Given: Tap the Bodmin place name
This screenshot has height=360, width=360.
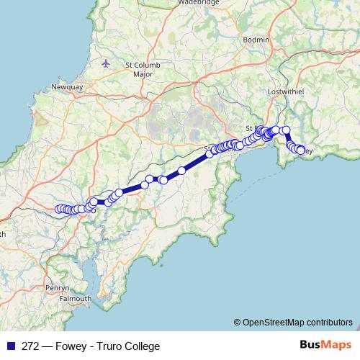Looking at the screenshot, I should point(257,39).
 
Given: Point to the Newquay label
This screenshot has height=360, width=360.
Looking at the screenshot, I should point(68,87).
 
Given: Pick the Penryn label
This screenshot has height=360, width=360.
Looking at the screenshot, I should point(57,287).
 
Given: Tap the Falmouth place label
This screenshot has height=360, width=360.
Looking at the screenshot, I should point(76,298).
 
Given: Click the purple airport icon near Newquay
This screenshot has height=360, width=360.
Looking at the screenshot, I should point(107,63).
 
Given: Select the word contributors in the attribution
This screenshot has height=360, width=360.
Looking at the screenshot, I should point(329,322).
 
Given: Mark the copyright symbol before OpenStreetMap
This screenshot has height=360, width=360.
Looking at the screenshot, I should point(237,322).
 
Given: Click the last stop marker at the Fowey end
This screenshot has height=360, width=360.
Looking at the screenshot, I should point(300,150).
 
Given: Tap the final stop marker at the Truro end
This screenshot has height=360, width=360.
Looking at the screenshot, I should point(59,210).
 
